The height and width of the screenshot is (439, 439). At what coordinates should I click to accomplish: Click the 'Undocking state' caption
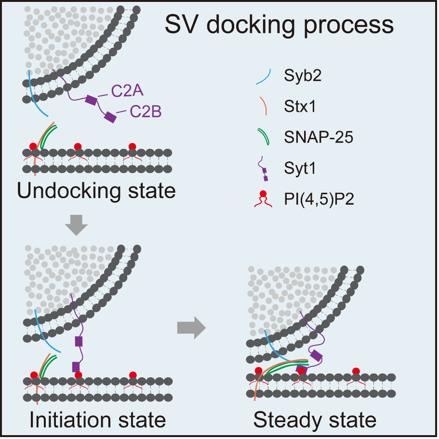point(96,191)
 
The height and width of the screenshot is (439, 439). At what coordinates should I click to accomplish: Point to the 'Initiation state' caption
point(97,420)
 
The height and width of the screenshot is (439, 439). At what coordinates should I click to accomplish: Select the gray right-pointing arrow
point(191,328)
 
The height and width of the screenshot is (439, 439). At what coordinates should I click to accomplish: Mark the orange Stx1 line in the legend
point(267,106)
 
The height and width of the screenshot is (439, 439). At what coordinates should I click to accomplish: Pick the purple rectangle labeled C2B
point(111,117)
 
